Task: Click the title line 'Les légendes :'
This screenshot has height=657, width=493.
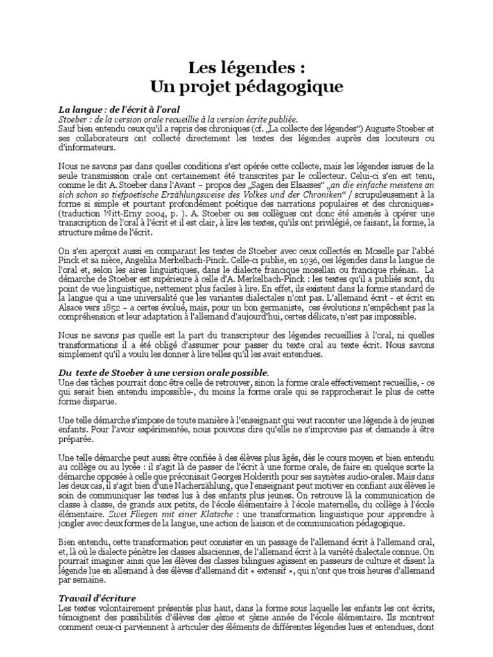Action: tap(245, 67)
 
